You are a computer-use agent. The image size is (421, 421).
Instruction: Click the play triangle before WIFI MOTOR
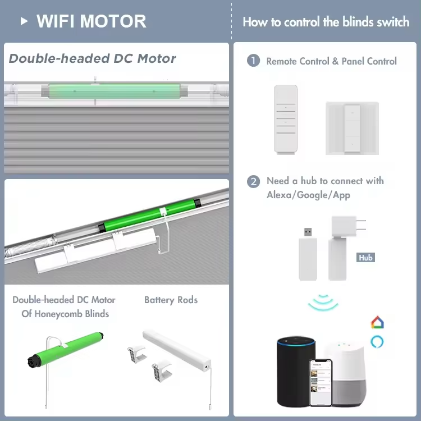(24, 21)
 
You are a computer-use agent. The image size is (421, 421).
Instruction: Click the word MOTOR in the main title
(113, 21)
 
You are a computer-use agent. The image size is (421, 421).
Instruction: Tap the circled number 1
(253, 61)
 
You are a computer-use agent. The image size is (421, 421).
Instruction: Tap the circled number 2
(253, 181)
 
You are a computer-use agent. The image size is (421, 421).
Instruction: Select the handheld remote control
(285, 120)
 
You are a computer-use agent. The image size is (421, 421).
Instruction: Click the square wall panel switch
(352, 128)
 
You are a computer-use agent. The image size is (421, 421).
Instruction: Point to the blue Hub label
(365, 258)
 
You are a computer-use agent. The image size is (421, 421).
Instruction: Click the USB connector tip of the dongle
(308, 232)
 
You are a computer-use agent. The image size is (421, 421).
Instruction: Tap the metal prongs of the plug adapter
(360, 225)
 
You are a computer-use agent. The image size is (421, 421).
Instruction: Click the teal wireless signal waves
(323, 303)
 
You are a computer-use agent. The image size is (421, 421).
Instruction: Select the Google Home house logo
(377, 322)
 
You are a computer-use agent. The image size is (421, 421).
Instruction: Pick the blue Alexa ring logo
(377, 342)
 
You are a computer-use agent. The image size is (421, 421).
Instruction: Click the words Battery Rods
(171, 300)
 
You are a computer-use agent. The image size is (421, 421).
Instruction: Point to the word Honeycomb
(58, 314)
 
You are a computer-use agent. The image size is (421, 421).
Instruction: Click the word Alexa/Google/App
(308, 195)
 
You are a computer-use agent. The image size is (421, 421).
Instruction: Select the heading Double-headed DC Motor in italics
(93, 58)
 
